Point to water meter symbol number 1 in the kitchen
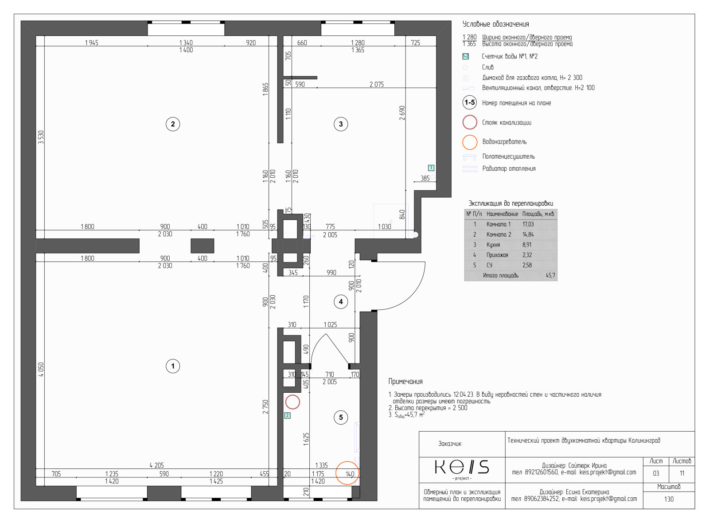tap(431, 168)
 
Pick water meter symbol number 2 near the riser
tap(288, 415)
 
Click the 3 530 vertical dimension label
tap(41, 137)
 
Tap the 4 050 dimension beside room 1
tap(41, 370)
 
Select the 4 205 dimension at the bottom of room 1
tap(157, 465)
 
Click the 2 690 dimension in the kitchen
tap(401, 113)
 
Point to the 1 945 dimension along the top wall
tap(91, 43)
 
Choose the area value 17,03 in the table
tap(528, 224)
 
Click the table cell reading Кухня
tap(493, 245)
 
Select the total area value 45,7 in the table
tap(550, 275)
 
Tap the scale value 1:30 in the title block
tap(669, 499)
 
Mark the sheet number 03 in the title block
tap(656, 473)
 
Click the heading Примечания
tap(405, 382)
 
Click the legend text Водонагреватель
tap(505, 142)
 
